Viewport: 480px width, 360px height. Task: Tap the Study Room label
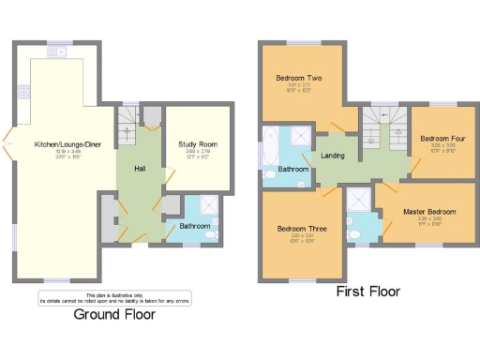pyautogui.click(x=196, y=144)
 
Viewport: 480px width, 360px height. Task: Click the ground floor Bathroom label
pyautogui.click(x=194, y=226)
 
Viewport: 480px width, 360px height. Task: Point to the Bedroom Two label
pyautogui.click(x=298, y=78)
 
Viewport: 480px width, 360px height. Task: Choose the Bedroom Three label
pyautogui.click(x=301, y=228)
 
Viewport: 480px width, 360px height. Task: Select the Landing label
pyautogui.click(x=333, y=157)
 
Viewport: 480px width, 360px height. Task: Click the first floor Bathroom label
pyautogui.click(x=292, y=171)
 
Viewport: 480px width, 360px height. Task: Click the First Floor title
pyautogui.click(x=367, y=292)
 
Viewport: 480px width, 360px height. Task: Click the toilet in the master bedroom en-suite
pyautogui.click(x=355, y=232)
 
